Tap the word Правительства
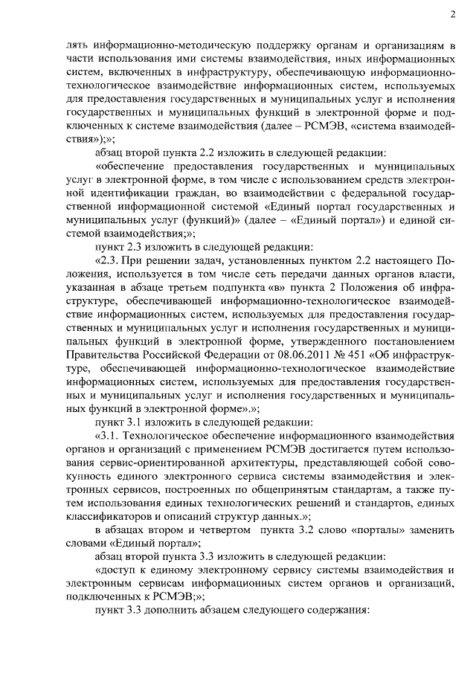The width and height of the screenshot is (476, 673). (x=100, y=364)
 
